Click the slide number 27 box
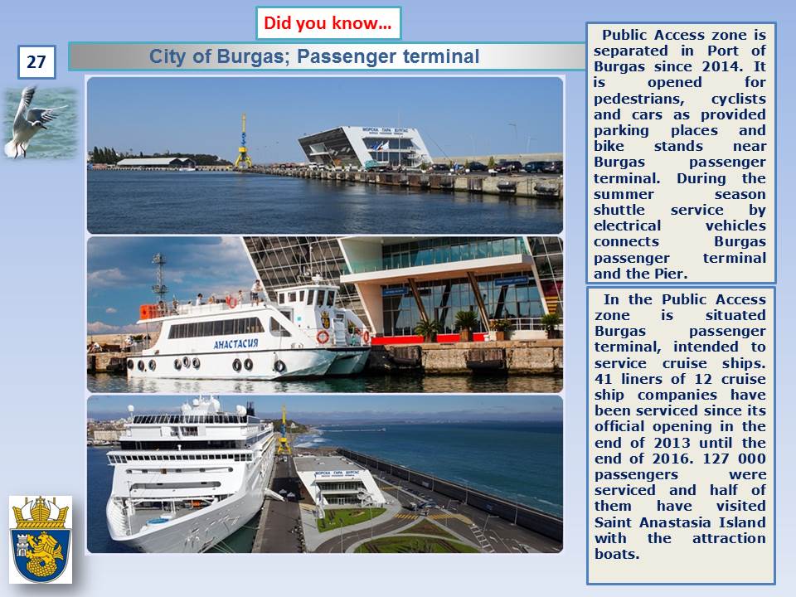click(36, 62)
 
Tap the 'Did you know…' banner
click(328, 23)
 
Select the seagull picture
click(41, 123)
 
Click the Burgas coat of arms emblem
click(41, 540)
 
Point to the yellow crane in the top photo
click(243, 142)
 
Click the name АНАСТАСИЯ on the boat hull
click(236, 343)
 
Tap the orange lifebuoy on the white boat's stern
click(323, 337)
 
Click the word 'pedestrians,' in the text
click(639, 99)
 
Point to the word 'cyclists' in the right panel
click(738, 99)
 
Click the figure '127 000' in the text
click(734, 459)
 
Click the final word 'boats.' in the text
click(617, 554)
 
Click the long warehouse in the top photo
click(156, 163)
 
